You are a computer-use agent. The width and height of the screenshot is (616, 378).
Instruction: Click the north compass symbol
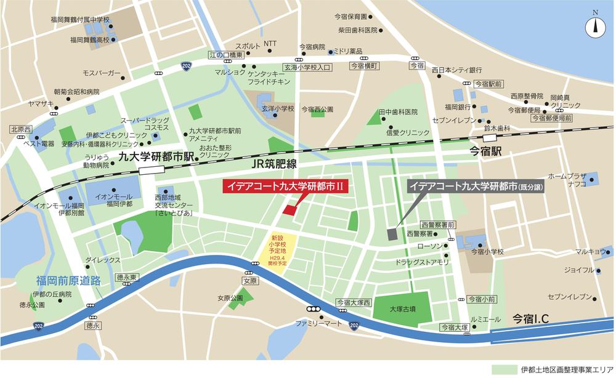[594, 25]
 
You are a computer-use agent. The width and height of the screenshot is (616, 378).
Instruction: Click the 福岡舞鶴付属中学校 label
[81, 20]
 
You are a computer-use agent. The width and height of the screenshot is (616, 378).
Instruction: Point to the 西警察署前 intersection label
[439, 225]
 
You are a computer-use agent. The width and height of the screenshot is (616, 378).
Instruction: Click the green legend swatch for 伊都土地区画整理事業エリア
[503, 369]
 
